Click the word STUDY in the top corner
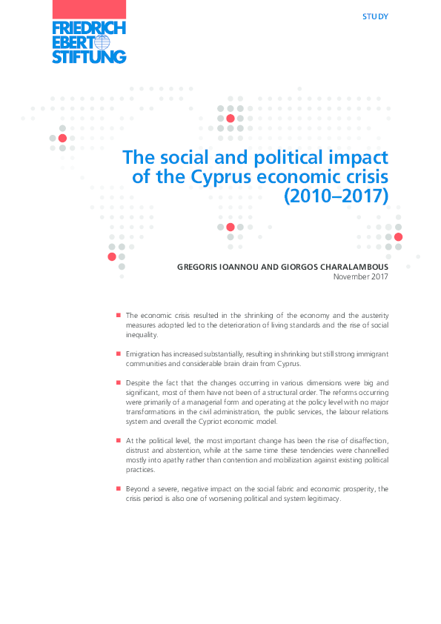pyautogui.click(x=376, y=16)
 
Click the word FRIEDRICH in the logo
pyautogui.click(x=89, y=28)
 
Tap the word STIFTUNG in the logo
pyautogui.click(x=89, y=56)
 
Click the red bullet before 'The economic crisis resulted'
pyautogui.click(x=118, y=315)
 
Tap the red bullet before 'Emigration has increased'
pyautogui.click(x=118, y=354)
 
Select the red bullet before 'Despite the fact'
pyautogui.click(x=118, y=382)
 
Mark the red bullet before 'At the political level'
pyautogui.click(x=118, y=440)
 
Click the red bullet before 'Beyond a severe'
pyautogui.click(x=118, y=489)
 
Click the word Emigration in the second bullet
pyautogui.click(x=145, y=354)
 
